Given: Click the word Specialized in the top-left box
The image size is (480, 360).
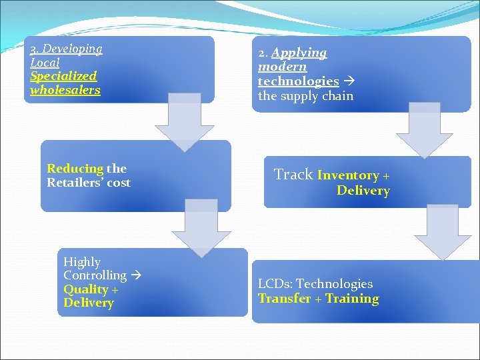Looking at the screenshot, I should (63, 76).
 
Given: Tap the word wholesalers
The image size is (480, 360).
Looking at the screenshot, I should (65, 90).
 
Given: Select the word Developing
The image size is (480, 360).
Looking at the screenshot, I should (72, 49).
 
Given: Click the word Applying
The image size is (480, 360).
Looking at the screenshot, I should (299, 53).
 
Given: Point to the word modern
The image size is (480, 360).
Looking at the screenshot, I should (283, 67).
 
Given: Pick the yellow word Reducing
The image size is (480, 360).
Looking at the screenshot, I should (75, 169).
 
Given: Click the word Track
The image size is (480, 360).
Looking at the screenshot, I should (293, 174).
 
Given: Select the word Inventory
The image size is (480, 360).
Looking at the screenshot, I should (348, 175).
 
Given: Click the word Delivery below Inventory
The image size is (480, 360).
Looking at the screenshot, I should (363, 191).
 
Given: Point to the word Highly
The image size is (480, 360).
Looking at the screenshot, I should (82, 262).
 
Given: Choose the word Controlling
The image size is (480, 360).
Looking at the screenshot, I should (95, 275).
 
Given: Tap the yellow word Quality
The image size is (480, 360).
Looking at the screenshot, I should (86, 289).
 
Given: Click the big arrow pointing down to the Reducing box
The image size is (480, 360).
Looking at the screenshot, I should (185, 123).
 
